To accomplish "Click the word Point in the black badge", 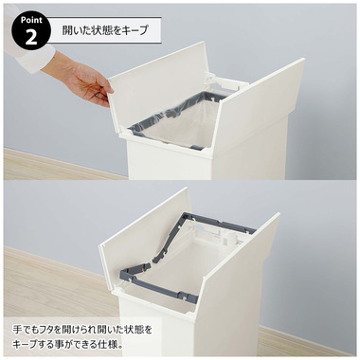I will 29,19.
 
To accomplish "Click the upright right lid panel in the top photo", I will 261,109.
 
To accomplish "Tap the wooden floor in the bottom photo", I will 47,284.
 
